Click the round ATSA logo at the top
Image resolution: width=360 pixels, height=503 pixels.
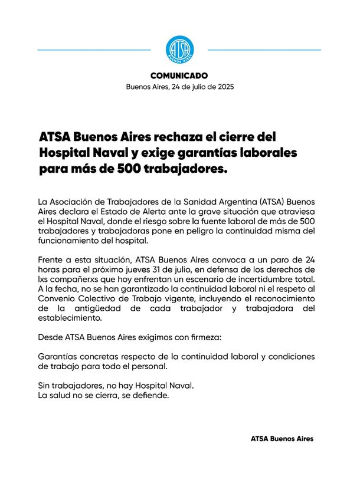tap(179, 49)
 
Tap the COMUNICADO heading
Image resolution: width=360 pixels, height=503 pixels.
tap(179, 76)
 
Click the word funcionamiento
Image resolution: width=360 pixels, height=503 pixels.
tap(71, 241)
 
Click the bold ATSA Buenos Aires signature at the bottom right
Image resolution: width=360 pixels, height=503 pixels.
tap(282, 439)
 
